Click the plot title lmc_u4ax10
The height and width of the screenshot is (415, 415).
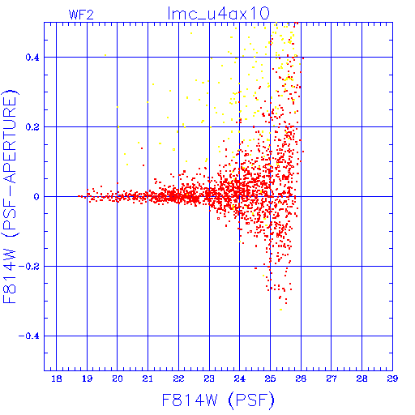[x=218, y=14]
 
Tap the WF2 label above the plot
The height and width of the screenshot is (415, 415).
[x=81, y=15]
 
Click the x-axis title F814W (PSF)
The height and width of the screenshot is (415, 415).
[x=218, y=400]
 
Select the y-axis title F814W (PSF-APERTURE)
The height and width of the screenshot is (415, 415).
[x=10, y=197]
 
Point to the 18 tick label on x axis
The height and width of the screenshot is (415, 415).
[x=57, y=379]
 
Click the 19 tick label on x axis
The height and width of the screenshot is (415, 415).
[x=87, y=379]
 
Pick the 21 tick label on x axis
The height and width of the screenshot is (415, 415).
[x=148, y=379]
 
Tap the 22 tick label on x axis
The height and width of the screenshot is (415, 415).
[x=178, y=379]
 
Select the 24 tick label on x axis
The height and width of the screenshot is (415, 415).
[x=240, y=379]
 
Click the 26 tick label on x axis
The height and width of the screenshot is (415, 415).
[x=301, y=379]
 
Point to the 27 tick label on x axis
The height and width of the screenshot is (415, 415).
[x=332, y=379]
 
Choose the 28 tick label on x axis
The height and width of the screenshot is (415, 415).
[x=362, y=379]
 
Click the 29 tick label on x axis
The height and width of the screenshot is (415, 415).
[x=392, y=379]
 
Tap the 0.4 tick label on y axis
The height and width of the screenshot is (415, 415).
[x=32, y=58]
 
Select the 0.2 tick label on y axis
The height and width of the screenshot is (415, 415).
[x=32, y=127]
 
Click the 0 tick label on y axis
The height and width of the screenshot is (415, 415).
[x=36, y=197]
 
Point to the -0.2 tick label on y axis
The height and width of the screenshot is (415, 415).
[x=29, y=267]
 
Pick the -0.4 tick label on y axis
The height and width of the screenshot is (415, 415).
[x=29, y=336]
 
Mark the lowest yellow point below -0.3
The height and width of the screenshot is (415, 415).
[x=281, y=310]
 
